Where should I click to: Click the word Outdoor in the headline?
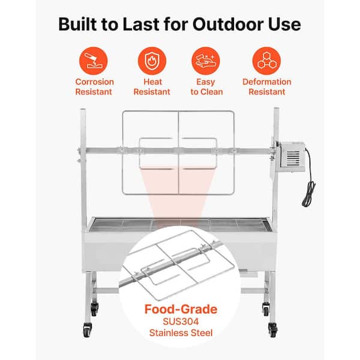(228, 24)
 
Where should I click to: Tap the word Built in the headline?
(77, 24)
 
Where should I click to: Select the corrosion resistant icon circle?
(93, 61)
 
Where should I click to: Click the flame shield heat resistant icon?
(152, 61)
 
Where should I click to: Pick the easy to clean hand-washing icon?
(206, 61)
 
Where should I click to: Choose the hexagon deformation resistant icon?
(266, 61)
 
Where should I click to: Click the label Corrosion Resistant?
(94, 87)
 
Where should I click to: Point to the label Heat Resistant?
(152, 87)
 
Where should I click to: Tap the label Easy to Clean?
(206, 87)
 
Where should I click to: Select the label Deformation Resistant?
(267, 87)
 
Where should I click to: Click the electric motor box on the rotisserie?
(292, 157)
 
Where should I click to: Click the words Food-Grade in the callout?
(181, 309)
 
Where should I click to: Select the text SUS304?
(181, 322)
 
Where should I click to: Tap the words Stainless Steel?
(181, 332)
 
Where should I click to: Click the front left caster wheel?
(87, 330)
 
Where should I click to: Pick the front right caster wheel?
(273, 330)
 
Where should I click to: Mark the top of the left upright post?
(83, 110)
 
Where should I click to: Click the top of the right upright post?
(276, 109)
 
